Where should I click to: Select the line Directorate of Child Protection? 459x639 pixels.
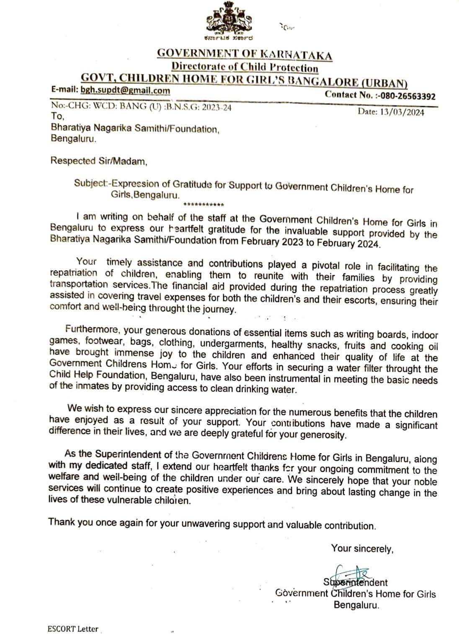tap(245, 67)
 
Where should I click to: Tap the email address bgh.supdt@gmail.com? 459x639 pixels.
tap(126, 90)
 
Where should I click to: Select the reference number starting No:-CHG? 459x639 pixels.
tap(141, 106)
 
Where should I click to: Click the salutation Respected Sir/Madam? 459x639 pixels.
tap(99, 160)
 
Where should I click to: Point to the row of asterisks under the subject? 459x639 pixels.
tap(204, 205)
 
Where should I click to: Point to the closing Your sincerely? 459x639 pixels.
tap(362, 548)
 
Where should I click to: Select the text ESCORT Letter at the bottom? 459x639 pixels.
tap(73, 629)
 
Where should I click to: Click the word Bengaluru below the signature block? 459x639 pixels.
tap(356, 605)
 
